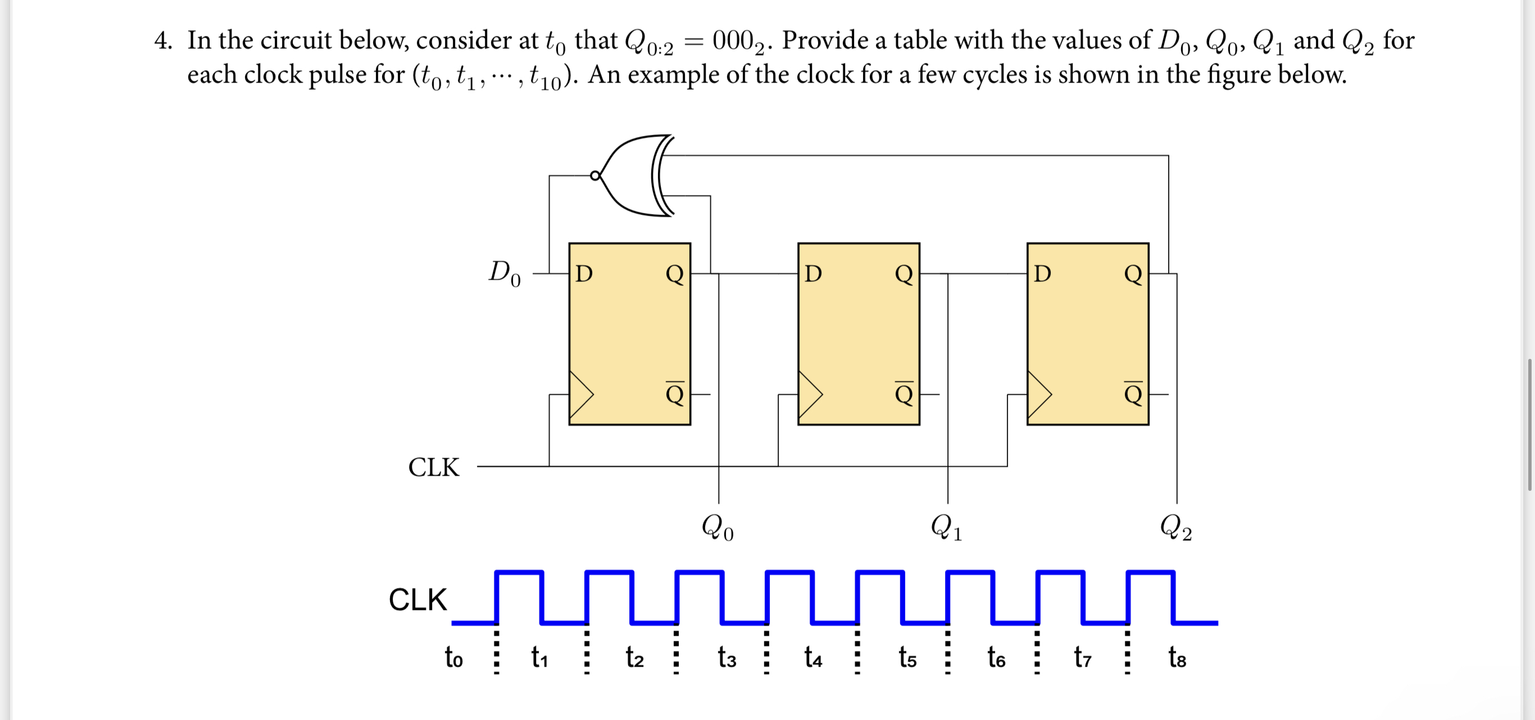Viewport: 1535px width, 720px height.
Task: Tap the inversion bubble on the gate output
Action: (594, 176)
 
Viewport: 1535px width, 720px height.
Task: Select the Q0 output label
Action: (717, 527)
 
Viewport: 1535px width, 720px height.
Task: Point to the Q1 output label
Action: (946, 527)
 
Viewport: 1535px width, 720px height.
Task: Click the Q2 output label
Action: (1175, 527)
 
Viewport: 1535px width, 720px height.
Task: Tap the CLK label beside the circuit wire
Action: (434, 467)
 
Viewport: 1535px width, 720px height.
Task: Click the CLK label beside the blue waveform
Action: (417, 599)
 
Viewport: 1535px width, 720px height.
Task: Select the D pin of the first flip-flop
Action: (584, 274)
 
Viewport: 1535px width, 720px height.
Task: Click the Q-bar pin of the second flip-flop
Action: (903, 394)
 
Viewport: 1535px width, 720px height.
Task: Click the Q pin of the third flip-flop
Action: (1133, 274)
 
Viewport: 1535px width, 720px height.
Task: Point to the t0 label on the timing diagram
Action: (453, 658)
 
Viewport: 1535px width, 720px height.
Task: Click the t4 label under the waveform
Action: (813, 658)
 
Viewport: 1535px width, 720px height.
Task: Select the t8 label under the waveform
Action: (1177, 658)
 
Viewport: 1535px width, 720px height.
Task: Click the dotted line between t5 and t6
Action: (947, 653)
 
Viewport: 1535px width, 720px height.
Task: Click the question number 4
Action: (162, 40)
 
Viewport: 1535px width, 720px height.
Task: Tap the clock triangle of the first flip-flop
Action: (581, 394)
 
